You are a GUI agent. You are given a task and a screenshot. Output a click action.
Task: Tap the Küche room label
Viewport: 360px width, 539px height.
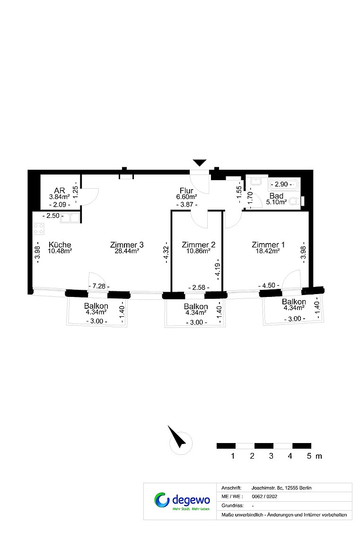point(60,245)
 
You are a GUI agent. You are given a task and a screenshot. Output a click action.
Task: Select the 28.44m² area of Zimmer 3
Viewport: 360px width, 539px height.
point(126,251)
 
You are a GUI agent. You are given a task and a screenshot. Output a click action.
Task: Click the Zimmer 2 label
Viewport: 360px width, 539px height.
point(198,245)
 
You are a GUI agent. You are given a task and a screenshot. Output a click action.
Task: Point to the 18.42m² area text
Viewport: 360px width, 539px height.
point(268,251)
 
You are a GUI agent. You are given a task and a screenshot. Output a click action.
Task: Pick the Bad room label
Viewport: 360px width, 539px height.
point(276,196)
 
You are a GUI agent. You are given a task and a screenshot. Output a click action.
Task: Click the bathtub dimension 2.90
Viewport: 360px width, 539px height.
point(281,184)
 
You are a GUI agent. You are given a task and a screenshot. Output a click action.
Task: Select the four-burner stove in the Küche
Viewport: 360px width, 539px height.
point(39,229)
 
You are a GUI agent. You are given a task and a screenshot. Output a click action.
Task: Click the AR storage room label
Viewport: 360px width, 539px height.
point(60,191)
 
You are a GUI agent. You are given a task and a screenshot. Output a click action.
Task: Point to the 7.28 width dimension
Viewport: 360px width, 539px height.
point(99,286)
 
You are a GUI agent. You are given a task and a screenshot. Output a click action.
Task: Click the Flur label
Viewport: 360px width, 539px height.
point(186,191)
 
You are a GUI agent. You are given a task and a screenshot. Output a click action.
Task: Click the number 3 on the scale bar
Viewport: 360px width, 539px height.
point(271,456)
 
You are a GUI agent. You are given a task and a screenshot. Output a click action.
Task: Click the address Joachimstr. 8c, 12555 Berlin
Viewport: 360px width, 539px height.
point(281,488)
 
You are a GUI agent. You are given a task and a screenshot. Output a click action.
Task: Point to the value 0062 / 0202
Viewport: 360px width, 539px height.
point(264,496)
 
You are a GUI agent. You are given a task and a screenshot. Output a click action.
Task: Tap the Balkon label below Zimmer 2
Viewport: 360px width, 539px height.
point(196,306)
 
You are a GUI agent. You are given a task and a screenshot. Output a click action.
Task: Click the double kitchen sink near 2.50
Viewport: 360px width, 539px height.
point(70,218)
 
